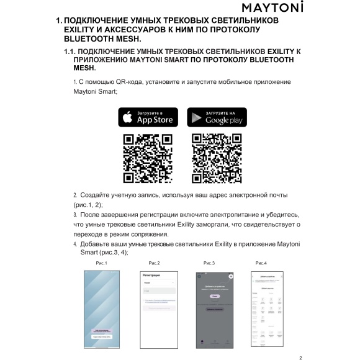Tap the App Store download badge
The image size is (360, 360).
148,117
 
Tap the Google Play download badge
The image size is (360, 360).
208,117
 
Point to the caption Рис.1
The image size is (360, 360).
102,264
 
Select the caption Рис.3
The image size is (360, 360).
209,264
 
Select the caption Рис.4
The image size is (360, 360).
261,264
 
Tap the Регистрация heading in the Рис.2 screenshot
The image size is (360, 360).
151,274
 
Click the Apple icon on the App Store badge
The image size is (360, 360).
127,117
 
